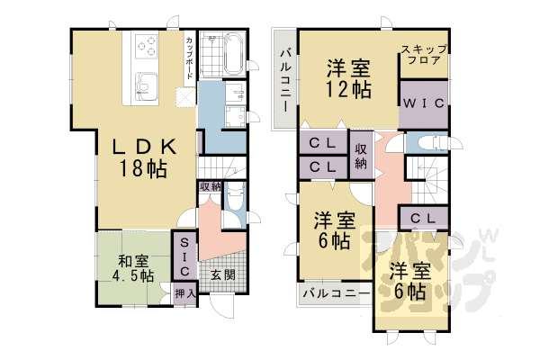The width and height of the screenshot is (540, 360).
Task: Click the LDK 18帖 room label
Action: click(x=140, y=157)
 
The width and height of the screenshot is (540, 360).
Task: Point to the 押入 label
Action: click(x=184, y=293)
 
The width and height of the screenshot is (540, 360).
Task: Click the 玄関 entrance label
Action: click(x=222, y=275)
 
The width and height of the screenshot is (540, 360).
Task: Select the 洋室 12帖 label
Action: click(x=347, y=78)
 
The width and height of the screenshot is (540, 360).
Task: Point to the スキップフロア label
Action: click(x=424, y=57)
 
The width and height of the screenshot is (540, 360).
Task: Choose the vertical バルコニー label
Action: click(x=283, y=78)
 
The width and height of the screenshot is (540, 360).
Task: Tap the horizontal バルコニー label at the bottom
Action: click(x=335, y=293)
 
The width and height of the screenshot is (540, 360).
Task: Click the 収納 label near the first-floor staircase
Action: click(x=209, y=186)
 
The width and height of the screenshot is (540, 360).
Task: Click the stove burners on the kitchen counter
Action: click(x=144, y=46)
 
